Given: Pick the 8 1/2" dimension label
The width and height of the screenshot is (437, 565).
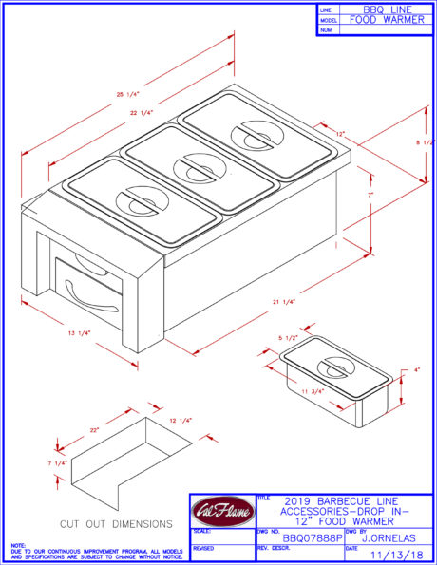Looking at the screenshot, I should (x=425, y=143).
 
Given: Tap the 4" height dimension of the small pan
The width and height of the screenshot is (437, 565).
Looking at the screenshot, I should (x=416, y=370).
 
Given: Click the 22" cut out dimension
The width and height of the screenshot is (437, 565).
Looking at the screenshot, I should (x=95, y=430).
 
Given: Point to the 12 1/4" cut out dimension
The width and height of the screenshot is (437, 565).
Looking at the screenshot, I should (x=179, y=421).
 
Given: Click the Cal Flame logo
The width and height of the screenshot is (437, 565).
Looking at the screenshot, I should (x=222, y=513).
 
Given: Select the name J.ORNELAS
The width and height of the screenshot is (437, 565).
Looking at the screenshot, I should (x=389, y=537).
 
